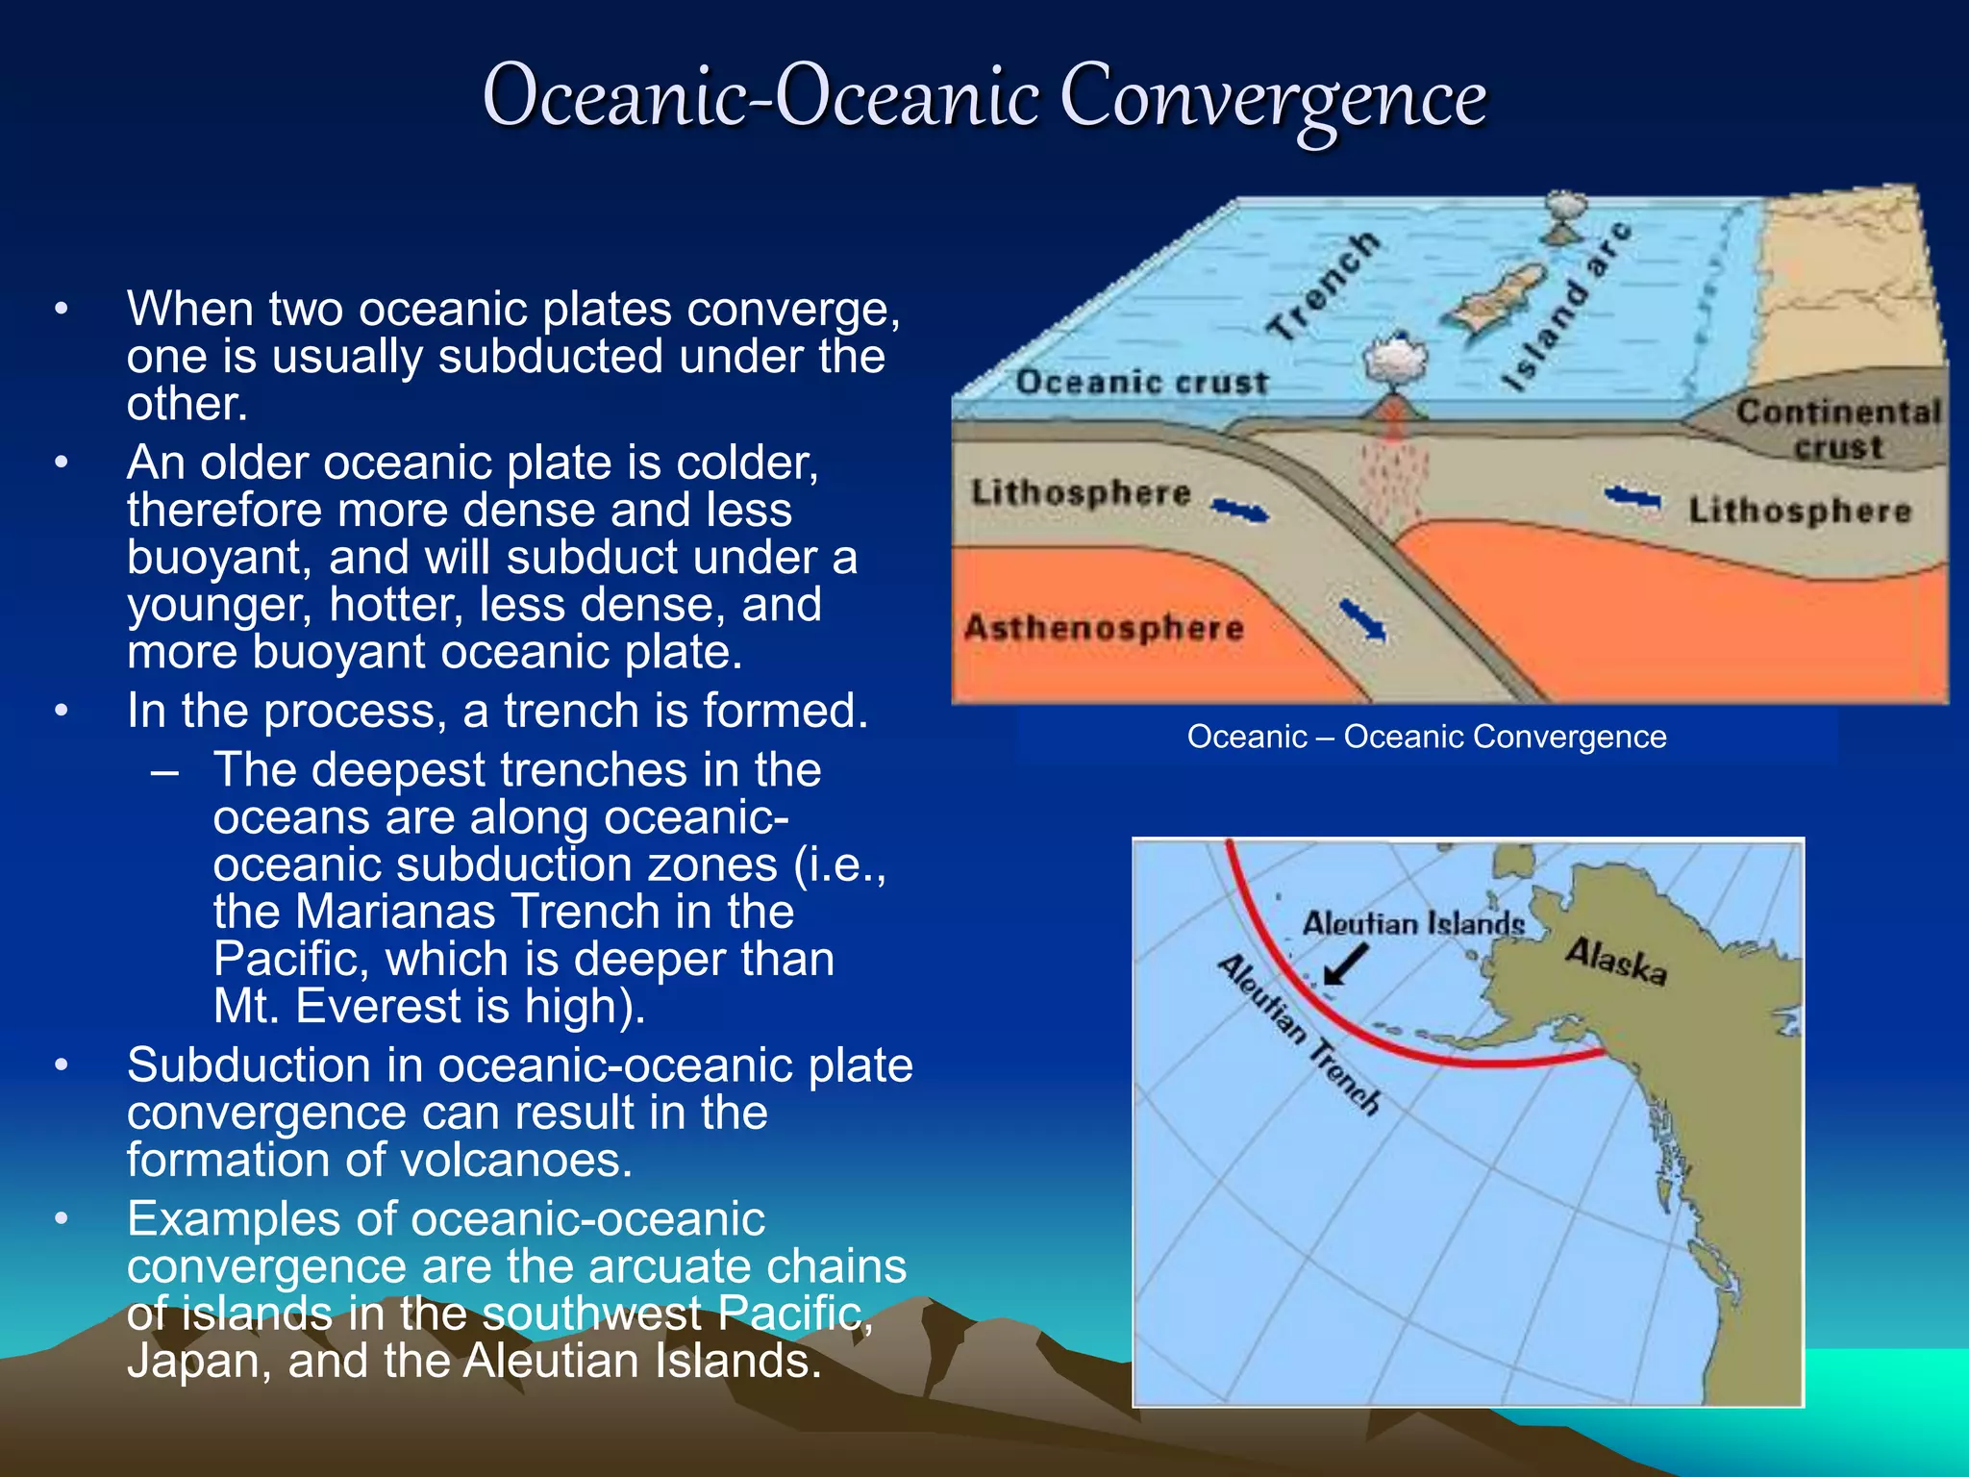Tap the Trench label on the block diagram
coord(1324,286)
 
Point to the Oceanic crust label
coord(1141,382)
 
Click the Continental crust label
coord(1837,429)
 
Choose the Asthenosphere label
coord(1104,628)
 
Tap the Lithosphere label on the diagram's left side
coord(1081,492)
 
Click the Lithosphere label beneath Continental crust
coord(1800,510)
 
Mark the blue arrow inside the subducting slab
coord(1362,620)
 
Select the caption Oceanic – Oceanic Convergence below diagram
coord(1426,737)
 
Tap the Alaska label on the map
coord(1616,961)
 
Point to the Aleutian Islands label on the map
coord(1412,924)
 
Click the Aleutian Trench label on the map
coord(1299,1034)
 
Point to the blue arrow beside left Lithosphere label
coord(1239,511)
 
